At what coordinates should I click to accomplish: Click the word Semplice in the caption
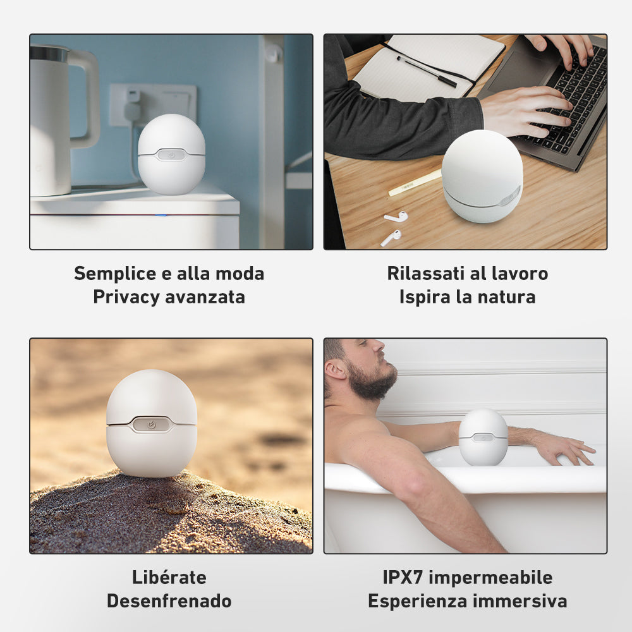[x=115, y=274]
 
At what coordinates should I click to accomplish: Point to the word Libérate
[x=169, y=577]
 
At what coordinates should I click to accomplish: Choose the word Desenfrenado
[x=169, y=601]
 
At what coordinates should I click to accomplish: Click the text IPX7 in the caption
[x=403, y=577]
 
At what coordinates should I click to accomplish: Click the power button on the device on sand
[x=152, y=425]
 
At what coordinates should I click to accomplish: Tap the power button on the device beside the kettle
[x=171, y=155]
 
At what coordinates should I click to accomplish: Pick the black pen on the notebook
[x=427, y=72]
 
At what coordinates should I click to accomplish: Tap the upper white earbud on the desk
[x=396, y=216]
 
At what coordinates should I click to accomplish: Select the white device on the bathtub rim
[x=483, y=437]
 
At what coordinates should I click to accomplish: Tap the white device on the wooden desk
[x=482, y=176]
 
